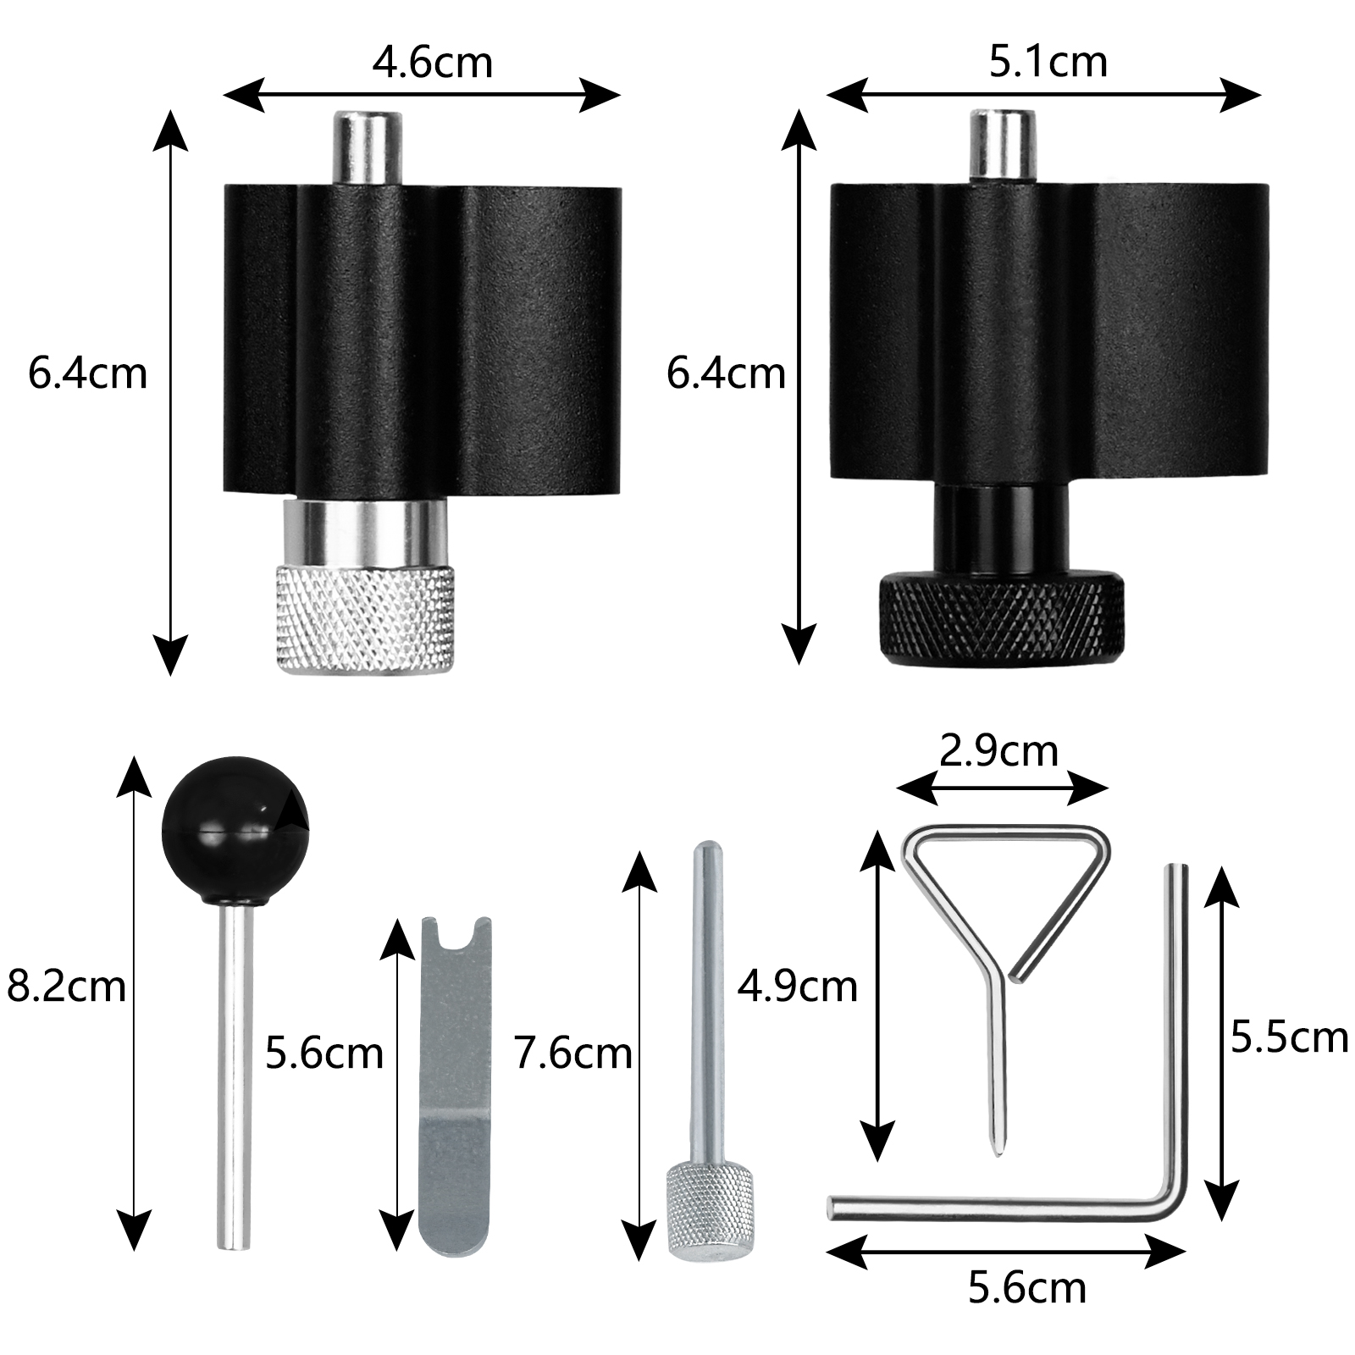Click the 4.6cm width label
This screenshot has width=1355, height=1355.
[x=432, y=64]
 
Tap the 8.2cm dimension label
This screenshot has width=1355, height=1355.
[x=66, y=987]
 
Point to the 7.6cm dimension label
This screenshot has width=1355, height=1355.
[x=573, y=1054]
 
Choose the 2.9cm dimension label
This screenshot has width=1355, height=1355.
[x=999, y=750]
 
